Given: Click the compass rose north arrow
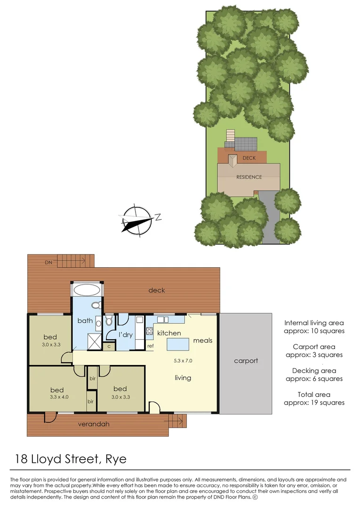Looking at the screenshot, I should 136,220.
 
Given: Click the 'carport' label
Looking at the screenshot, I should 246,361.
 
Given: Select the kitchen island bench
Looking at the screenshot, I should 177,344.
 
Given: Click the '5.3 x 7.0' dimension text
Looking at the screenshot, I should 183,361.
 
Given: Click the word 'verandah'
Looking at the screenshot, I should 94,424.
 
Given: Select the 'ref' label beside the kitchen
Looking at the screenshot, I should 151,346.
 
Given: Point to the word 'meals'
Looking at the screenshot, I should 203,340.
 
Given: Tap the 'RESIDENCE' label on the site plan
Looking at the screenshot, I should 249,177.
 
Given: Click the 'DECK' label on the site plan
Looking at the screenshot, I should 249,158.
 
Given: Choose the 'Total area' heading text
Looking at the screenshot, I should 314,394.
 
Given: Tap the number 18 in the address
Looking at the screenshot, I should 21,459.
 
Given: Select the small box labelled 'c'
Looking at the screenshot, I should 109,346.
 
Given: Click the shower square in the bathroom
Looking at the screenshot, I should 95,341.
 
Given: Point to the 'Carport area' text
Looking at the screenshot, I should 314,347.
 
